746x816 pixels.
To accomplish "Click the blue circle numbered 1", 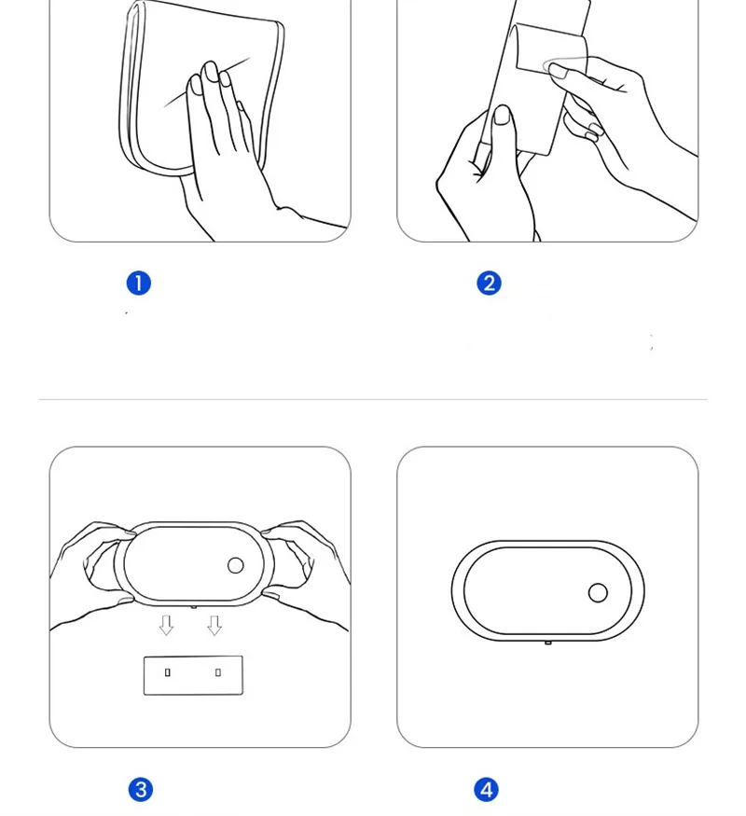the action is coord(138,284).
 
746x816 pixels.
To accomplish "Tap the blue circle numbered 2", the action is coord(489,284).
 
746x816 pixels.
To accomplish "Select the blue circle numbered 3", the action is coord(141,790).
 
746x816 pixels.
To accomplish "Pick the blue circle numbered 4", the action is coord(486,790).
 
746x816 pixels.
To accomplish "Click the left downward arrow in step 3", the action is coord(167,625).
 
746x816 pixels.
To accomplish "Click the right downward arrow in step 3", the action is coord(214,625).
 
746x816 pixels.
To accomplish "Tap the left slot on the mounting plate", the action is coord(168,672).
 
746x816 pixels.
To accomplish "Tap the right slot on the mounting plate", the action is coord(218,672).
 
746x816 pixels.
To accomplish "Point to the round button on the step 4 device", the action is coord(598,593).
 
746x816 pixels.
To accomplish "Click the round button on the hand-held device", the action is coord(236,566).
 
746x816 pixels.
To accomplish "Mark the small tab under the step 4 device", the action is coord(547,643).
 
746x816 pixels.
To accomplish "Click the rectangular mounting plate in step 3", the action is coord(193,675).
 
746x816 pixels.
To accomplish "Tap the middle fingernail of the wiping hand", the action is coord(211,72).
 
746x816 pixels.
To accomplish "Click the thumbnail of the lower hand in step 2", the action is coord(502,115).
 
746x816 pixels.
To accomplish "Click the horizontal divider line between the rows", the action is coord(373,400).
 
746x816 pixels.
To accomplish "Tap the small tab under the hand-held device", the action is coord(194,607).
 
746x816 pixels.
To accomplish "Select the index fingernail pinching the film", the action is coord(559,71).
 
